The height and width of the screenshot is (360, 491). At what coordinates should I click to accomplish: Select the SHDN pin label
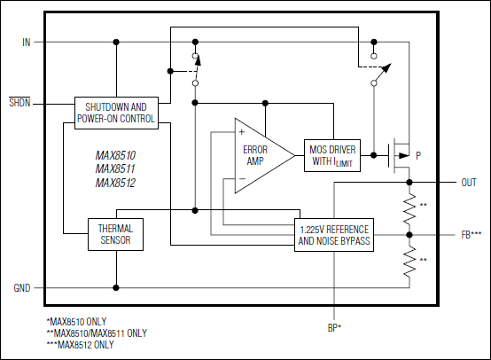pyautogui.click(x=19, y=103)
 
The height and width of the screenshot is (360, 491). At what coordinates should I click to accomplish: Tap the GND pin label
pyautogui.click(x=21, y=288)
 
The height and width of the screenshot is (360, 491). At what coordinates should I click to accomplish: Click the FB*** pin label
pyautogui.click(x=471, y=235)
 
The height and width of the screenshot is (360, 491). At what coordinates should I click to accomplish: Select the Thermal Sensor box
pyautogui.click(x=115, y=234)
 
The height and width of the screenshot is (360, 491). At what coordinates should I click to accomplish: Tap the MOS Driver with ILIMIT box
pyautogui.click(x=332, y=155)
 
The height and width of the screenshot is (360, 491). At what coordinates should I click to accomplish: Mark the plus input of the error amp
pyautogui.click(x=241, y=132)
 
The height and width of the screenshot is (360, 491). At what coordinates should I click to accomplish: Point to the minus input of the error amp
pyautogui.click(x=241, y=179)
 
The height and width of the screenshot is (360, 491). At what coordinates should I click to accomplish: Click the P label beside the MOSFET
pyautogui.click(x=418, y=155)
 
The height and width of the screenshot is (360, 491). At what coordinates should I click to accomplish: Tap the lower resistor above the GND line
pyautogui.click(x=409, y=262)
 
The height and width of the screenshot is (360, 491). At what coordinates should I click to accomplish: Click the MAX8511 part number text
pyautogui.click(x=115, y=168)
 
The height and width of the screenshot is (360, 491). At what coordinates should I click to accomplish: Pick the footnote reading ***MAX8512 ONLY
pyautogui.click(x=82, y=344)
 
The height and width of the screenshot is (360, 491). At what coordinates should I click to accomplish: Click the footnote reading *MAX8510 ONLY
pyautogui.click(x=79, y=322)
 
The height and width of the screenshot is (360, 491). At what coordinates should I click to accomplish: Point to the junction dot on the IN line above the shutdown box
pyautogui.click(x=116, y=42)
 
